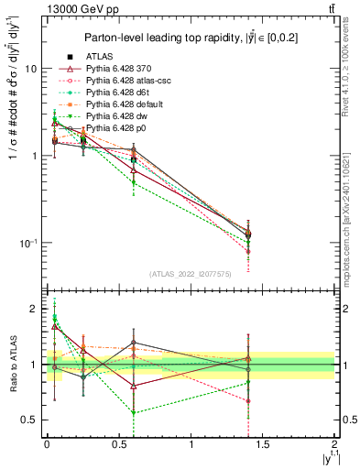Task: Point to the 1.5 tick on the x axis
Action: click(x=263, y=444)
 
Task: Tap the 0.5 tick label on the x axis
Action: click(x=118, y=444)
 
